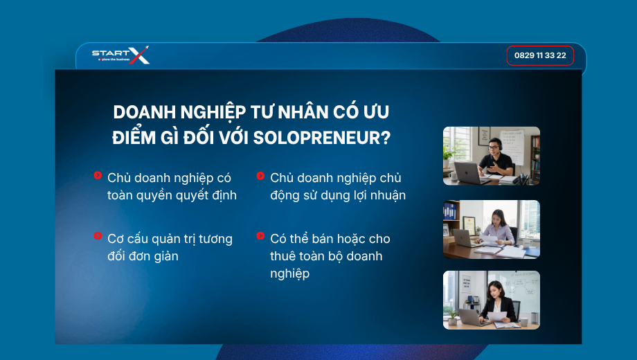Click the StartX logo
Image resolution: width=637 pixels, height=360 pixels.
click(120, 55)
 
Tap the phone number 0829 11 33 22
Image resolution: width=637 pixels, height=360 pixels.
click(540, 55)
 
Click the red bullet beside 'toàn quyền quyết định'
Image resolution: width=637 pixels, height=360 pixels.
click(98, 175)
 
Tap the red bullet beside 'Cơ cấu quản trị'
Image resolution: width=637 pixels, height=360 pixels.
click(98, 235)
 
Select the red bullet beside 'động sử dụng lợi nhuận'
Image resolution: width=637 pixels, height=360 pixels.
click(260, 176)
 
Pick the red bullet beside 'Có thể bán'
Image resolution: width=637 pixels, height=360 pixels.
click(260, 235)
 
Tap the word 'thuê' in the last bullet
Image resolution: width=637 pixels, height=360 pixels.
click(282, 256)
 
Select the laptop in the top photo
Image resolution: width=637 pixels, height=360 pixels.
click(467, 172)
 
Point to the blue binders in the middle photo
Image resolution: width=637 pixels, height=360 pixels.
click(449, 211)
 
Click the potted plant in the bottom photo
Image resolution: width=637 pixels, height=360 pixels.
click(452, 318)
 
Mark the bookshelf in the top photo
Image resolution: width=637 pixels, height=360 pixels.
click(535, 158)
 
